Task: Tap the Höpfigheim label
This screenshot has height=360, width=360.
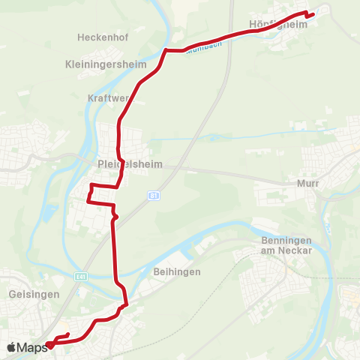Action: (x=278, y=24)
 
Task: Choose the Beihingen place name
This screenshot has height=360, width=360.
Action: (x=176, y=271)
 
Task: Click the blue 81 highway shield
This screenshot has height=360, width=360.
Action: (x=154, y=195)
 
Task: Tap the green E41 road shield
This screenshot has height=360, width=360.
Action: (x=80, y=276)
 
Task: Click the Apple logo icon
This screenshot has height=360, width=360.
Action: (x=11, y=347)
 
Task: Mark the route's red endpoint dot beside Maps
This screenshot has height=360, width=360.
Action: (x=49, y=345)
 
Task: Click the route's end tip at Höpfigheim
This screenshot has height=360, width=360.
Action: (x=313, y=14)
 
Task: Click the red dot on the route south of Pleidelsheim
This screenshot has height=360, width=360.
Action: (x=115, y=217)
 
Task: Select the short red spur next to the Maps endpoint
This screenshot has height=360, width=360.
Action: (x=64, y=336)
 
